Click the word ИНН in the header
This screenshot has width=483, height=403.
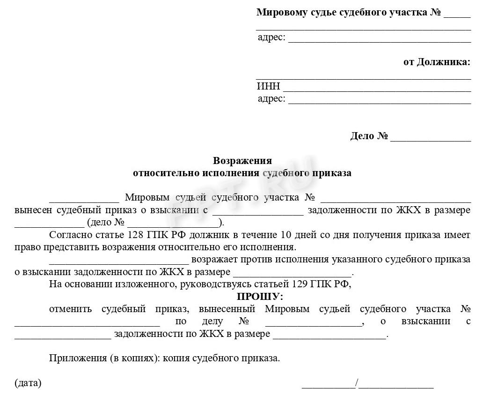(x=268, y=86)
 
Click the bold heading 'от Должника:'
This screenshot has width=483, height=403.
(x=437, y=62)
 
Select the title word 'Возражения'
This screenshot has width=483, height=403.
(x=242, y=161)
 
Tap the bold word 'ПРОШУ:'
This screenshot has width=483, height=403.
(x=260, y=296)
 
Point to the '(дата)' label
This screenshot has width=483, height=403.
(x=28, y=383)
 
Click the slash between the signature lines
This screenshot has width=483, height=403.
(x=357, y=384)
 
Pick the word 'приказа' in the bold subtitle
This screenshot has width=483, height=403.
(x=333, y=173)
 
